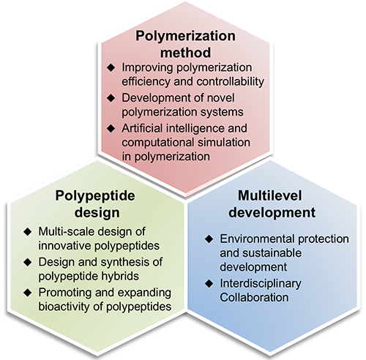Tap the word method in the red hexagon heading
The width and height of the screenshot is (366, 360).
185,53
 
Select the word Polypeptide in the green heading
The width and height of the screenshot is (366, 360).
95,197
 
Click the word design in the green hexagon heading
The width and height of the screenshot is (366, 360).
97,213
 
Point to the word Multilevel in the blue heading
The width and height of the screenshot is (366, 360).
270,195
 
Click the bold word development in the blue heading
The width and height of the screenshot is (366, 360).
272,213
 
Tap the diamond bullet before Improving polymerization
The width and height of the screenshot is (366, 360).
111,67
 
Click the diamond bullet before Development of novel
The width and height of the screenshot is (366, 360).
111,98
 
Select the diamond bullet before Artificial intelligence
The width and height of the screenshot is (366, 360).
111,128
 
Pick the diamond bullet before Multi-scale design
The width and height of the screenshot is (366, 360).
28,232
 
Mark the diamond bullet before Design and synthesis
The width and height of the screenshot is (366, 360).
28,262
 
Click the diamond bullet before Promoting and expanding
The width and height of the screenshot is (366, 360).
28,293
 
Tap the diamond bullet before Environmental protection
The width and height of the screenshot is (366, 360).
209,239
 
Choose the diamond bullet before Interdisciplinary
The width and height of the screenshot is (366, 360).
209,283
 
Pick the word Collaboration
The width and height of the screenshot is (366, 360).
254,298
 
